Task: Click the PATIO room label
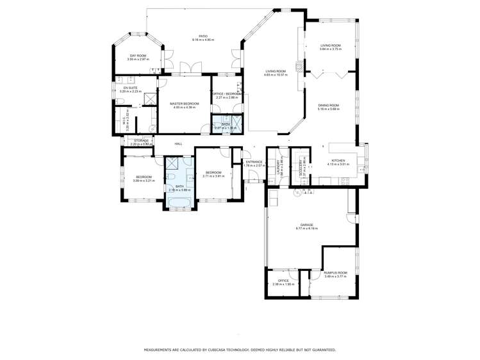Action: tap(203, 37)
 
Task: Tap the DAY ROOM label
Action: tap(138, 56)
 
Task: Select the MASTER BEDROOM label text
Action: tap(184, 103)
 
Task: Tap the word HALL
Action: tap(178, 143)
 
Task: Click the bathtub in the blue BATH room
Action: tap(179, 203)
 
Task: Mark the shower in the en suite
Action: tap(147, 98)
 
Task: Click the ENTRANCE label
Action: tap(255, 161)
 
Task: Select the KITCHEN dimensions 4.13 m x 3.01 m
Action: tap(338, 164)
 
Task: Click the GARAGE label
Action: tap(307, 225)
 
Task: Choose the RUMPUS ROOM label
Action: tap(335, 272)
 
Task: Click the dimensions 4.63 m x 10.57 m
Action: tap(276, 75)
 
